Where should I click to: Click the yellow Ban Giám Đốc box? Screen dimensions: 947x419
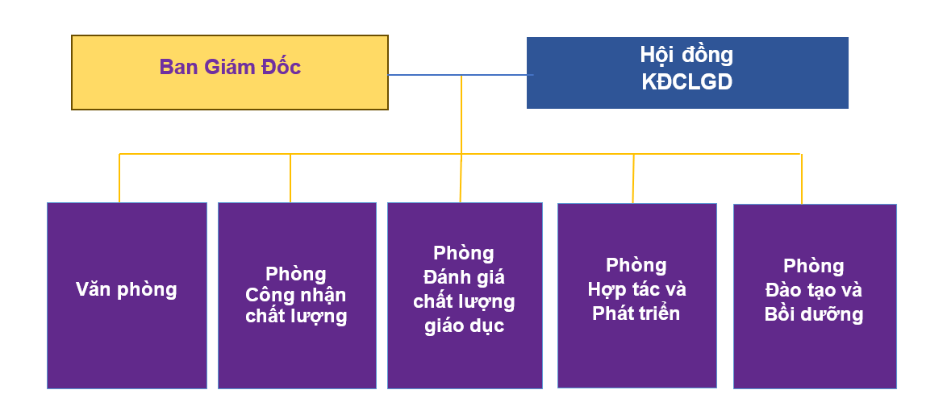(230, 73)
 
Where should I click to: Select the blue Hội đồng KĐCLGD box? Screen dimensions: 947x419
(687, 73)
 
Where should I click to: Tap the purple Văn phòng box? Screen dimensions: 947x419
(127, 296)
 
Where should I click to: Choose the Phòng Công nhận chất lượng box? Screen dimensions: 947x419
(297, 296)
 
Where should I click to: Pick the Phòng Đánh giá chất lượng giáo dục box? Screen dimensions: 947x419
(465, 296)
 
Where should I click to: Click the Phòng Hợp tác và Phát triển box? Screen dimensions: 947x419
(637, 296)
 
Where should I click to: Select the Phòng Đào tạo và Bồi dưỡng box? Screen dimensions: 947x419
(815, 296)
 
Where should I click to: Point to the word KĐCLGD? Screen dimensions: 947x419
(686, 83)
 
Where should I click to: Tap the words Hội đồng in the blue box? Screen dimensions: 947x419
(686, 55)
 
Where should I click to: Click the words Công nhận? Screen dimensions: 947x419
(296, 296)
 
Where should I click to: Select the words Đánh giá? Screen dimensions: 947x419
(464, 277)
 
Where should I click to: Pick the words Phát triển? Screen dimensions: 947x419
(636, 313)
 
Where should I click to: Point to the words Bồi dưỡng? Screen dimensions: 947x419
(814, 314)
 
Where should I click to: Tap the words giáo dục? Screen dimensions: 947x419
(464, 326)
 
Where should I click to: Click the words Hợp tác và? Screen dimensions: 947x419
(637, 289)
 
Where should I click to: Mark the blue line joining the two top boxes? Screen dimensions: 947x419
(461, 75)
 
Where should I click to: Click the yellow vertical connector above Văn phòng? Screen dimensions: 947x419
(119, 178)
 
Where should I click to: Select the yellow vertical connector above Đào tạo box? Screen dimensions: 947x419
(802, 179)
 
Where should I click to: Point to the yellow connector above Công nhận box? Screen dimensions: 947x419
(290, 178)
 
